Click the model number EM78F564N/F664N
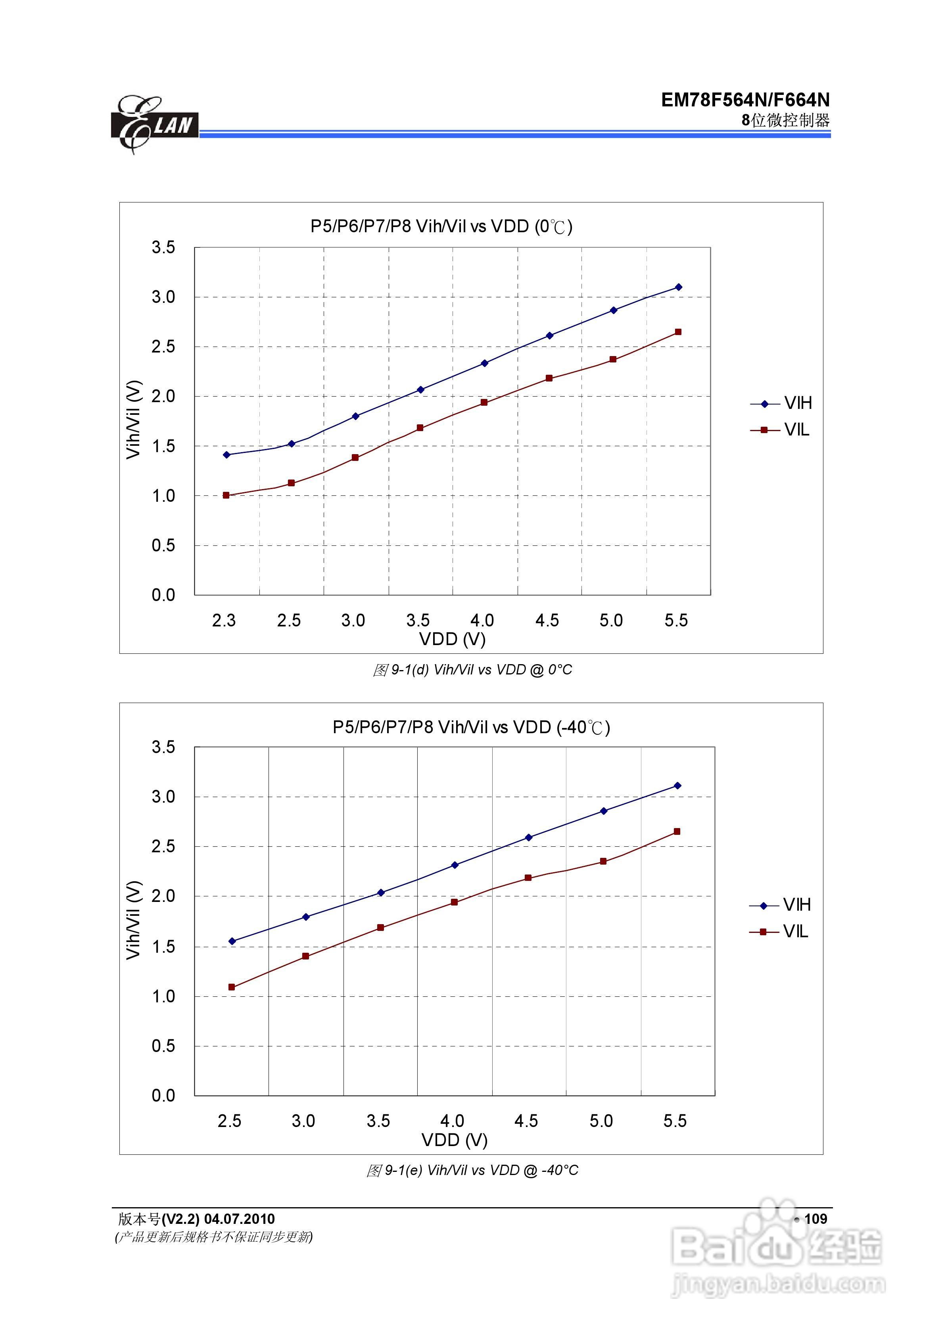point(745,100)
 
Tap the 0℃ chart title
point(441,227)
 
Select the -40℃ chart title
point(471,727)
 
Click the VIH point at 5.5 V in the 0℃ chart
point(678,287)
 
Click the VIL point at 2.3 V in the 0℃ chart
point(226,495)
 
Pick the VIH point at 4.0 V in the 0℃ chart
point(484,363)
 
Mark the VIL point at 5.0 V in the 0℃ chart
point(613,359)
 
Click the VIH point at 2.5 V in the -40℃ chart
point(232,941)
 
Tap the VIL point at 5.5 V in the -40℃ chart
point(677,832)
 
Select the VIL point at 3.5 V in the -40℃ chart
point(381,928)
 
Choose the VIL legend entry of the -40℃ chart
point(779,932)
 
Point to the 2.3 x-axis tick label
point(224,621)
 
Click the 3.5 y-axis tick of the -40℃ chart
point(163,747)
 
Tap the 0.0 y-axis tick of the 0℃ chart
point(163,595)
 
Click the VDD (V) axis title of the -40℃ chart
point(454,1140)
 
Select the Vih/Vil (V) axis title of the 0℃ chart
point(133,419)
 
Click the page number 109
point(815,1219)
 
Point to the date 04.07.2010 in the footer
point(239,1219)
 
